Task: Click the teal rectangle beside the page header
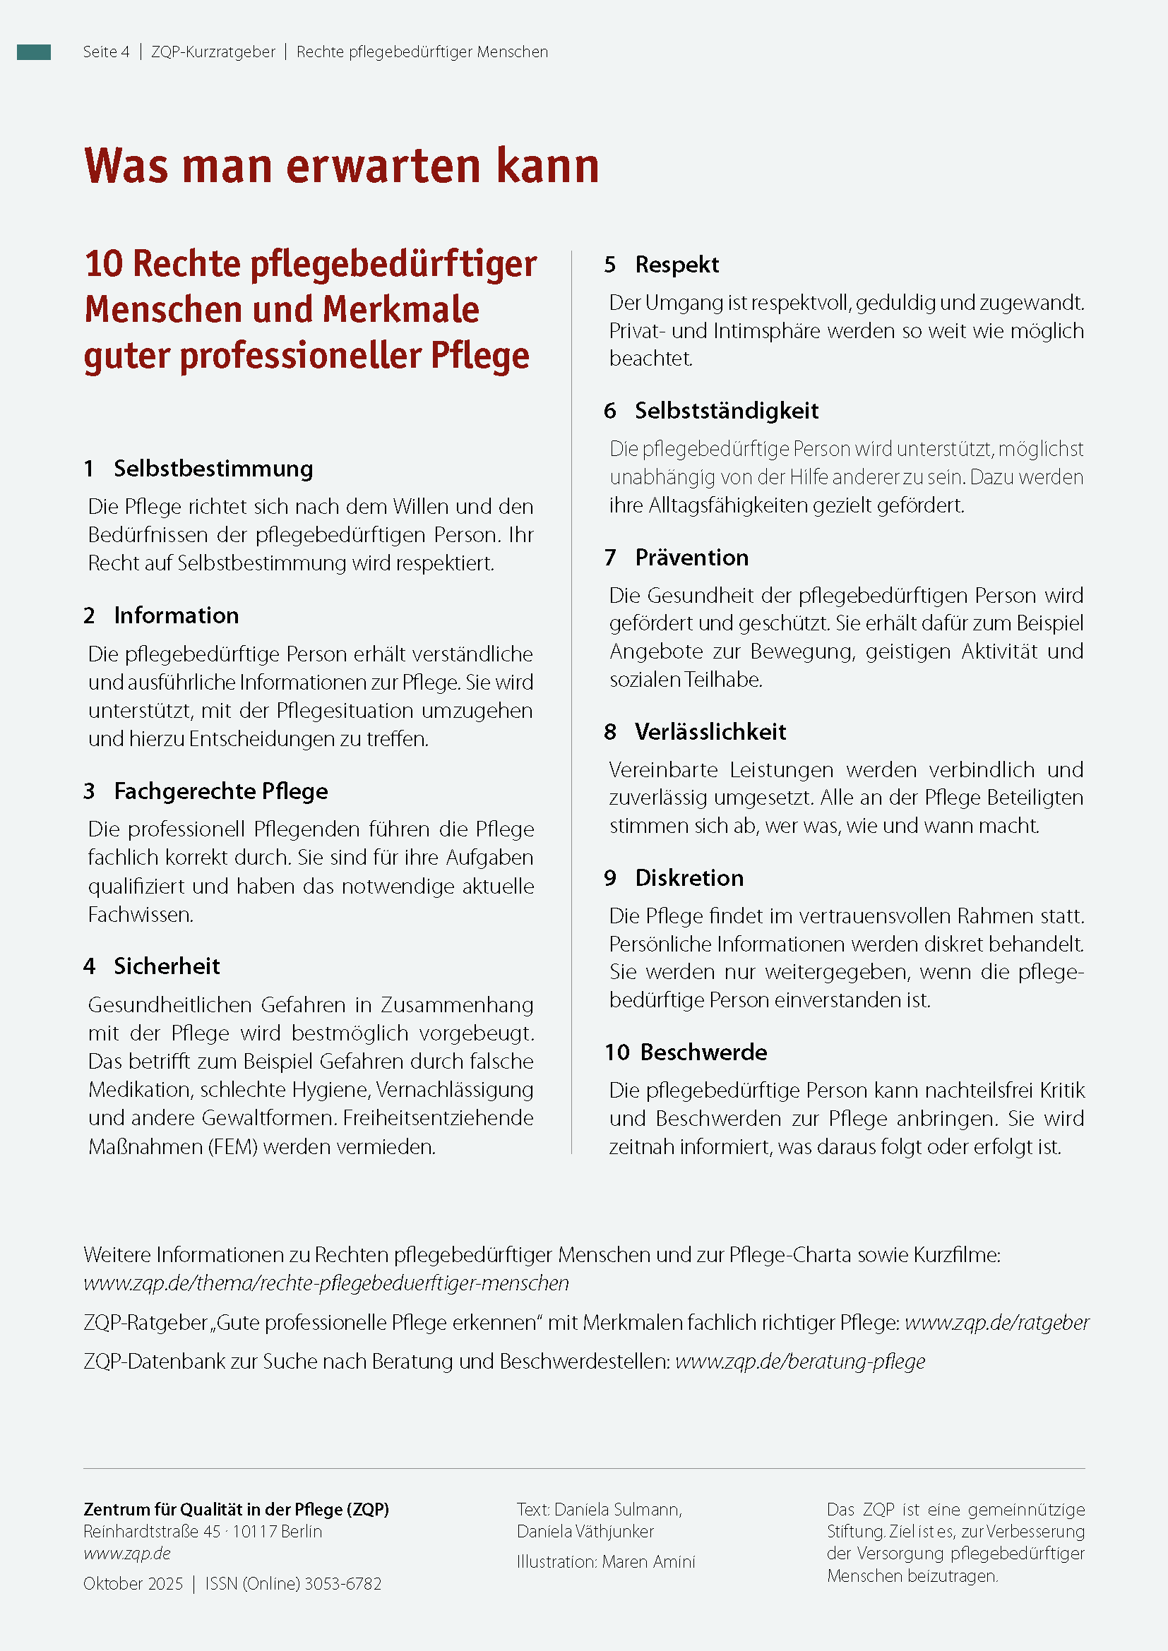(34, 52)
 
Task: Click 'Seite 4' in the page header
(106, 52)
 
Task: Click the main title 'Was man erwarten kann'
(342, 166)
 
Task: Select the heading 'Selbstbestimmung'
(213, 469)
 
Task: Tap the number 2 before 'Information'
(89, 616)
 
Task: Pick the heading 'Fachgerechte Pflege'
(221, 791)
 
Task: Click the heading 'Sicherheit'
(167, 966)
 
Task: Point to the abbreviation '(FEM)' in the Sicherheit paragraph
(232, 1146)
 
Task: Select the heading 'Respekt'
(677, 265)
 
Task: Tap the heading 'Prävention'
(692, 558)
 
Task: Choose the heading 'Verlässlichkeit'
(710, 732)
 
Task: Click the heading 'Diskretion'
(689, 878)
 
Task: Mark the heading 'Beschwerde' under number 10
(703, 1052)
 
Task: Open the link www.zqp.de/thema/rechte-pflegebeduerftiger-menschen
(326, 1283)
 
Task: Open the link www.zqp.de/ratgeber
(996, 1322)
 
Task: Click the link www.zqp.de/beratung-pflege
(800, 1361)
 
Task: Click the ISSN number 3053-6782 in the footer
(343, 1583)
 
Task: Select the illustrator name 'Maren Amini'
(649, 1561)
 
